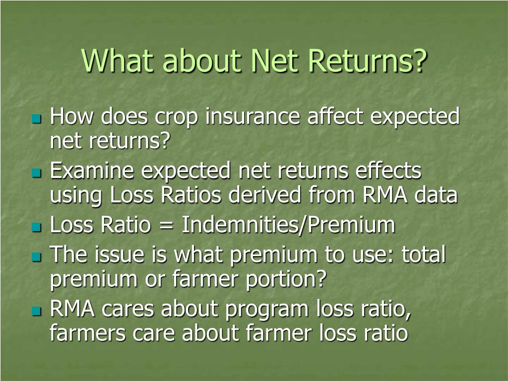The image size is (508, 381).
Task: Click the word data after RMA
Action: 436,195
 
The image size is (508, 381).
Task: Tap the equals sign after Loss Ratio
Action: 166,226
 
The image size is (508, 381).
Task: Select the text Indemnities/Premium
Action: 288,226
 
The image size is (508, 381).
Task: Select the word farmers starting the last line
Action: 87,333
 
